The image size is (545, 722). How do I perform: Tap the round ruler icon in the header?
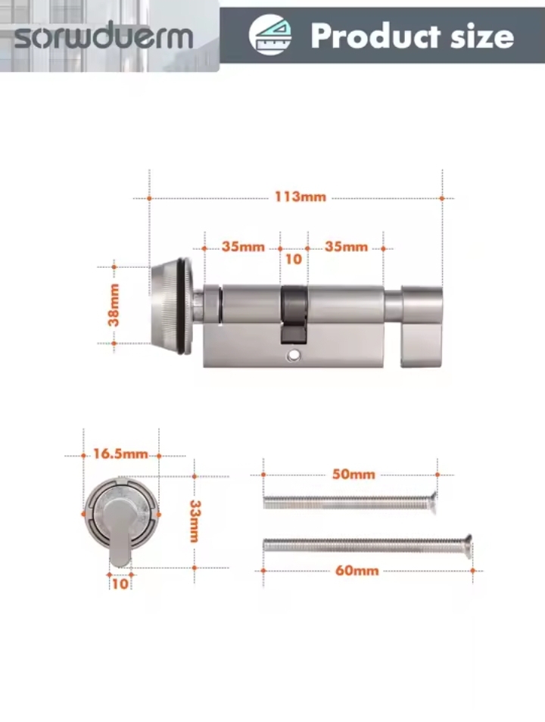coord(270,35)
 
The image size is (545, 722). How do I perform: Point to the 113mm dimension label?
coord(301,197)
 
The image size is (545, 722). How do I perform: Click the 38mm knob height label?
coord(114,305)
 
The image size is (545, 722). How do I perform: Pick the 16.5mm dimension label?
coord(120,454)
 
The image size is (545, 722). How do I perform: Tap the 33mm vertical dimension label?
coord(195,521)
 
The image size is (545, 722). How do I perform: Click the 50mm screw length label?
coord(353,475)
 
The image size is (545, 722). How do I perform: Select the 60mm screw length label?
coord(357,571)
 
